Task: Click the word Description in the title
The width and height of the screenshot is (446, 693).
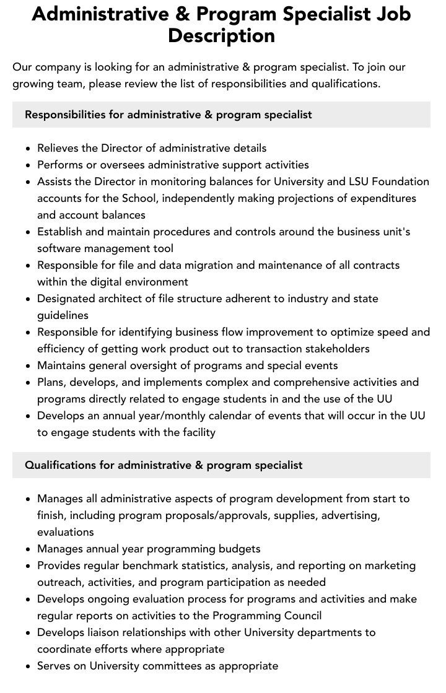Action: [x=221, y=36]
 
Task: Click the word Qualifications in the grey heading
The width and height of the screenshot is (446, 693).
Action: [x=61, y=465]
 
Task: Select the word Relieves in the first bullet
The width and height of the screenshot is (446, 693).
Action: [x=59, y=148]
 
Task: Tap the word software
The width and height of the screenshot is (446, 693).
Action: [x=60, y=248]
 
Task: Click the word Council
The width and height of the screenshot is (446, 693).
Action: [x=301, y=616]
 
